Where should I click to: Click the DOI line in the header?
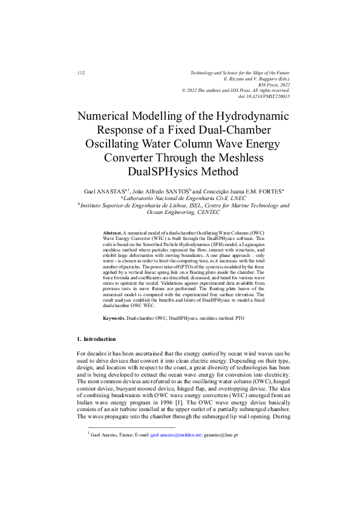[x=264, y=96]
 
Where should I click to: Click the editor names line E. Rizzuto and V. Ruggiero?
[x=257, y=79]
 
